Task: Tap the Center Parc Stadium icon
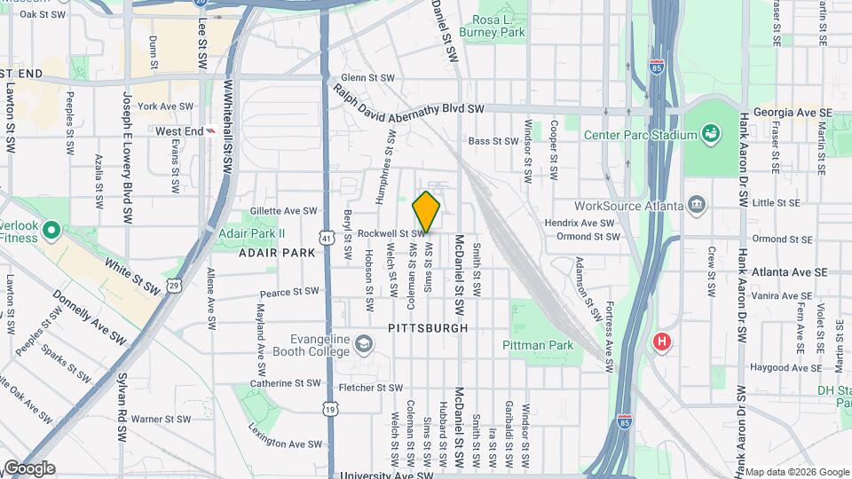point(710,135)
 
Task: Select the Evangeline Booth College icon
point(363,343)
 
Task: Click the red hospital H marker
point(661,341)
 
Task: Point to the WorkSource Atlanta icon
point(697,206)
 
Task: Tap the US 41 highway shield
point(327,239)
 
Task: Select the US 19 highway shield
point(330,408)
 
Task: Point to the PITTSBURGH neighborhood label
point(428,328)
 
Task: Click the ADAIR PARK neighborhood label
point(277,253)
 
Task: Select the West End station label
point(179,131)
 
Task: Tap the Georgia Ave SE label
point(793,114)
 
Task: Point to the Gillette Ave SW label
point(283,211)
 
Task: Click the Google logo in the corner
point(28,467)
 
